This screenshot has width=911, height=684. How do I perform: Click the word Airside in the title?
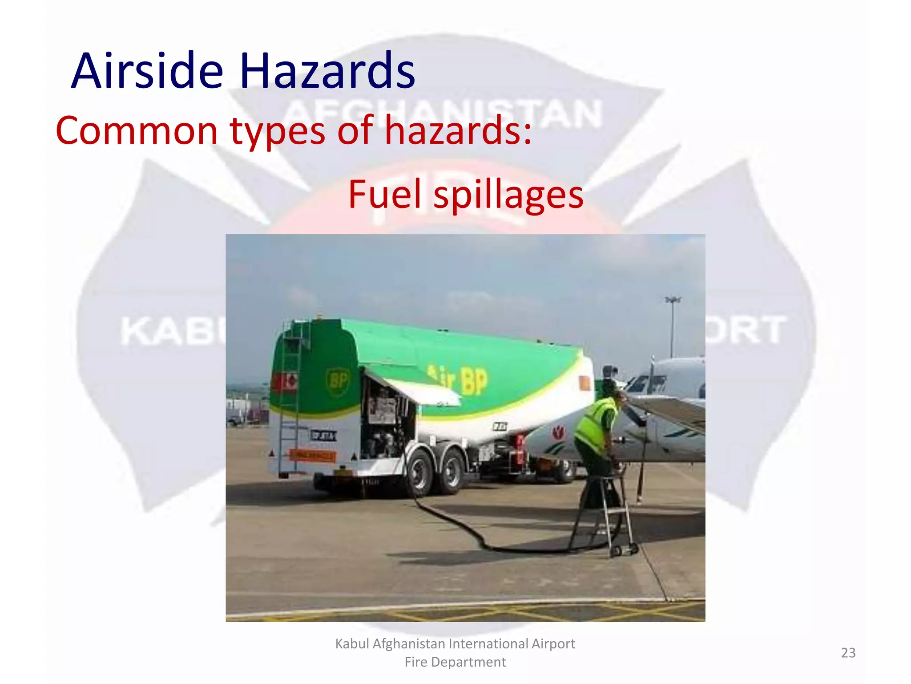(x=147, y=71)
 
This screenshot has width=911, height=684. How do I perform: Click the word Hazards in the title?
(x=327, y=71)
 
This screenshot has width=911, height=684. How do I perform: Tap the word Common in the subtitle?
(x=136, y=130)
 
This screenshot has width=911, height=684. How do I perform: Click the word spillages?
(x=508, y=195)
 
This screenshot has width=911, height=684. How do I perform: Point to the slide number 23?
(x=848, y=653)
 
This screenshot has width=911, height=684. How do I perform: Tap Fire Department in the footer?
(x=455, y=662)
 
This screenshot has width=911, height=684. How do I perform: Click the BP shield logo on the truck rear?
(x=338, y=381)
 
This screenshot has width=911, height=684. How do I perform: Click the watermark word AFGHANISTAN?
(x=443, y=114)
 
